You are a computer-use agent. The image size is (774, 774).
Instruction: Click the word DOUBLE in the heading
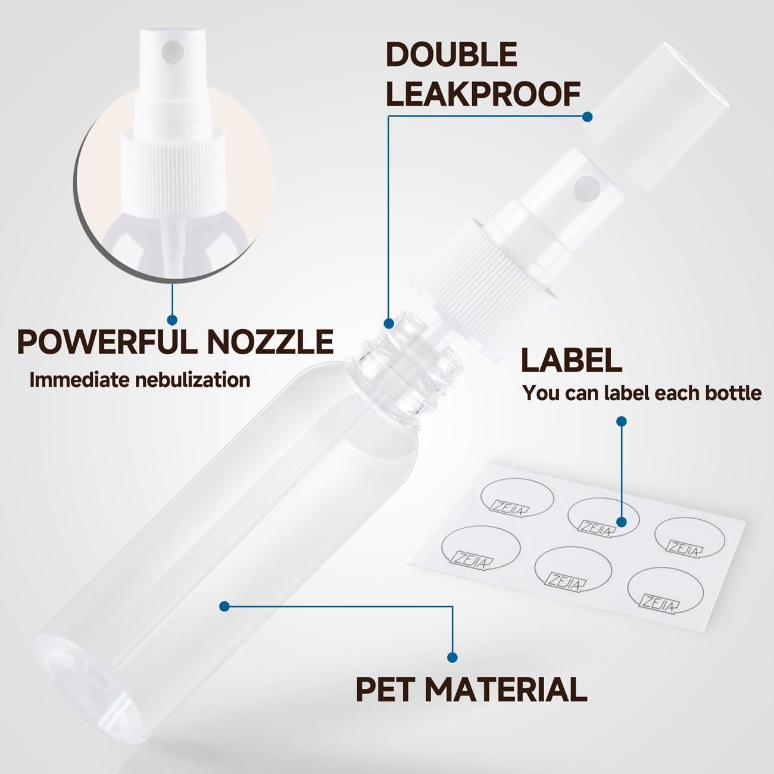coord(451,55)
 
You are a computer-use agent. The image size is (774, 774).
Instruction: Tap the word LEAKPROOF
coord(483,94)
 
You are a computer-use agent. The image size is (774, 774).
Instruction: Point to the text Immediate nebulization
coord(140,380)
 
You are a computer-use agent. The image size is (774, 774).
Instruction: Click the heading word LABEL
coord(571,360)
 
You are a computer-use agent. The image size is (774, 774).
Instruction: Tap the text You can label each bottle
coord(642,393)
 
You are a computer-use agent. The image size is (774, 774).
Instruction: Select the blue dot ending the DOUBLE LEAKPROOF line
coord(587,117)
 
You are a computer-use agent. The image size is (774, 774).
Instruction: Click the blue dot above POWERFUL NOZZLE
coord(172,320)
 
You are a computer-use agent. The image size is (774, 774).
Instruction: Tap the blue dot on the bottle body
coord(224,607)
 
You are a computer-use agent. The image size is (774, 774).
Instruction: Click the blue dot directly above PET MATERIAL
coord(452,657)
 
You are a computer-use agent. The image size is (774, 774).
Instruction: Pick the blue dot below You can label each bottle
coord(622,422)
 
